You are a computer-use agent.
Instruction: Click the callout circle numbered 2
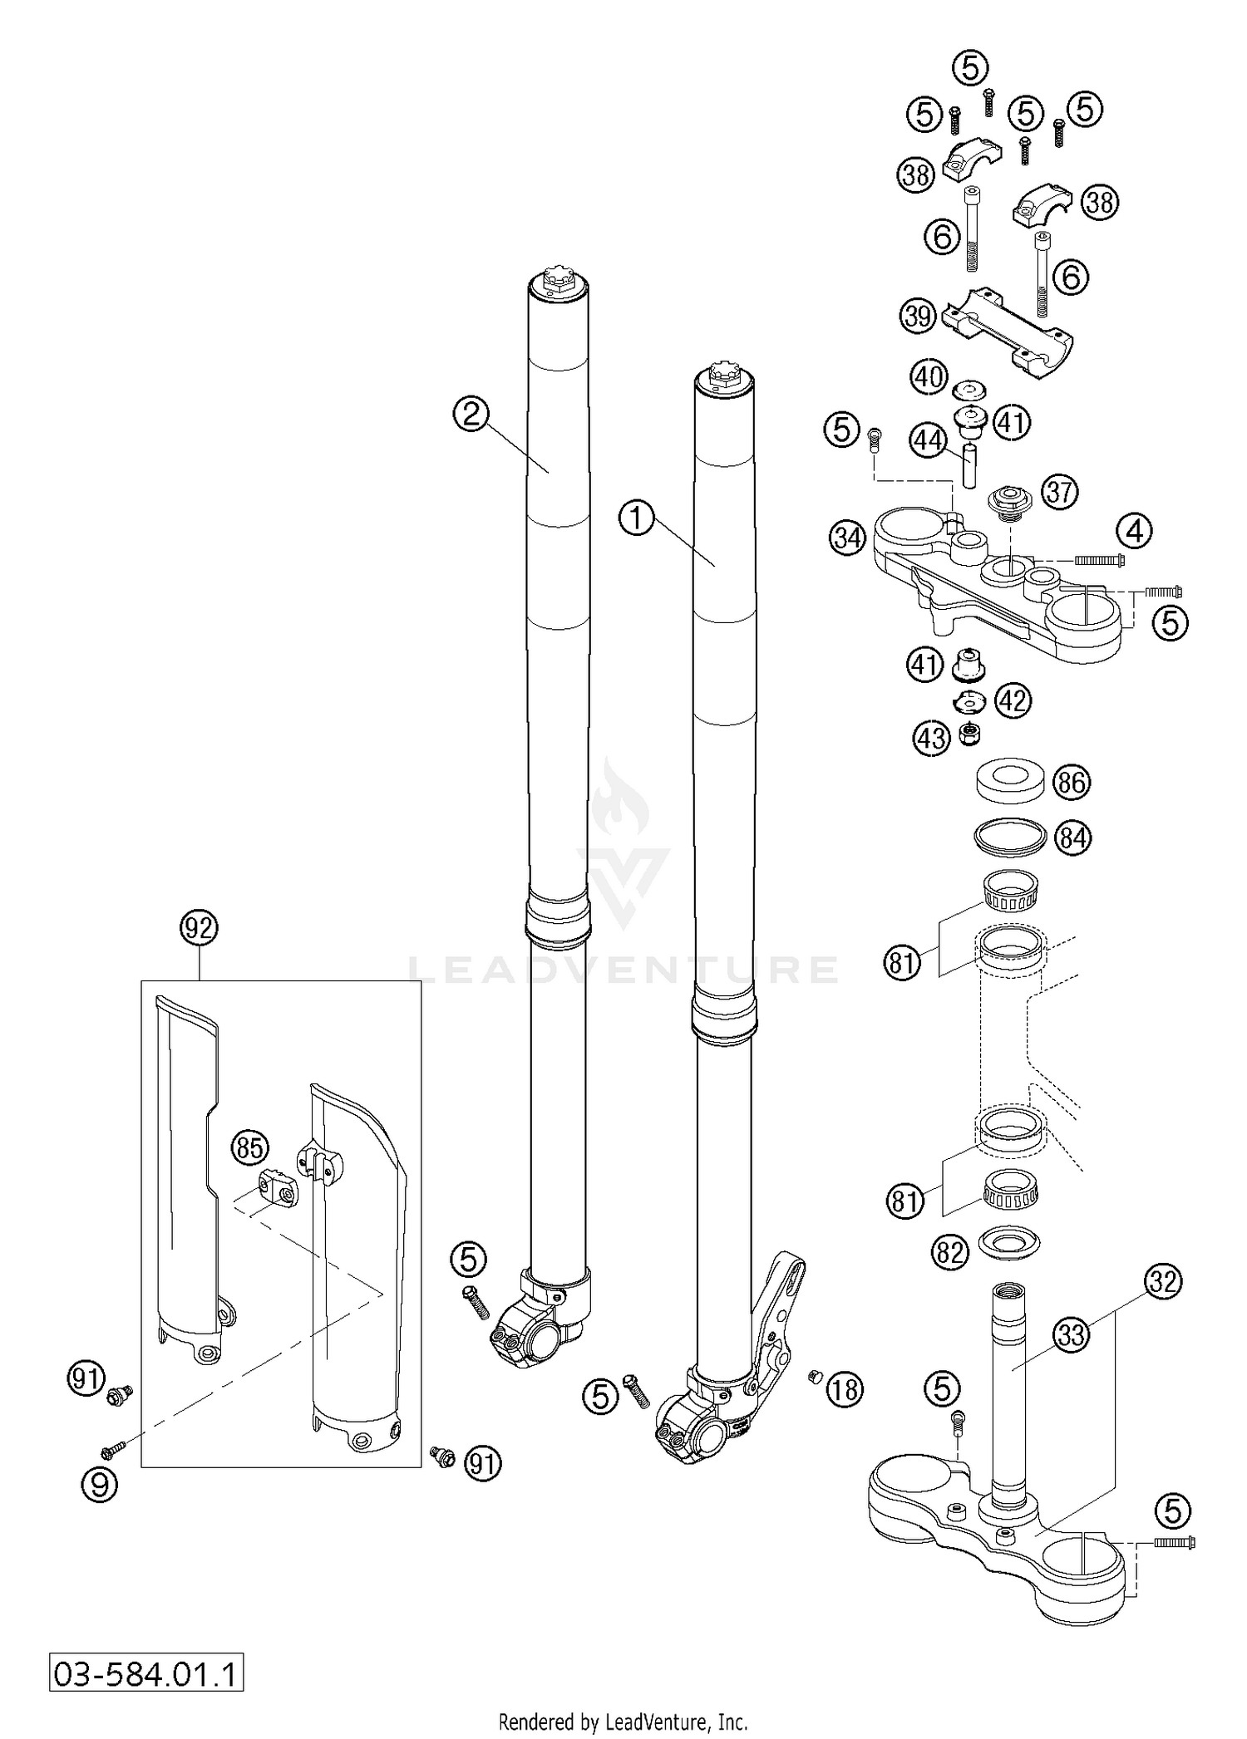pyautogui.click(x=471, y=414)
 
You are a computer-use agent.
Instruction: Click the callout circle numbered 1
pyautogui.click(x=636, y=519)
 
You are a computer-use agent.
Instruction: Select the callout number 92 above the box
pyautogui.click(x=199, y=928)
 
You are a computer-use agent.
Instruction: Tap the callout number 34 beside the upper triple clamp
pyautogui.click(x=847, y=538)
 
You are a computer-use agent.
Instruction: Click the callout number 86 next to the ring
pyautogui.click(x=1071, y=782)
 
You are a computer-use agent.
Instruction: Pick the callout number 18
pyautogui.click(x=845, y=1388)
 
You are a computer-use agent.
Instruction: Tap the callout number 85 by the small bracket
pyautogui.click(x=249, y=1147)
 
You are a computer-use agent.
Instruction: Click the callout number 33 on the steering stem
pyautogui.click(x=1072, y=1335)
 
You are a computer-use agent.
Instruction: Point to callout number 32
pyautogui.click(x=1162, y=1282)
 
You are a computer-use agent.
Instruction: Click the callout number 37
pyautogui.click(x=1060, y=492)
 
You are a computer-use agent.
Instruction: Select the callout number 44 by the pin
pyautogui.click(x=929, y=440)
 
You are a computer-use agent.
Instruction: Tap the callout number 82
pyautogui.click(x=951, y=1252)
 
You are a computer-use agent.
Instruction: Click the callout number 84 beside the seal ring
pyautogui.click(x=1072, y=838)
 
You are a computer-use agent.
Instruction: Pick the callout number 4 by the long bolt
pyautogui.click(x=1135, y=530)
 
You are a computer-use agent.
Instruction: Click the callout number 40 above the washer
pyautogui.click(x=929, y=378)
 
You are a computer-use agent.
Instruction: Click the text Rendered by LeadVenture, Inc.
pyautogui.click(x=623, y=1722)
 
